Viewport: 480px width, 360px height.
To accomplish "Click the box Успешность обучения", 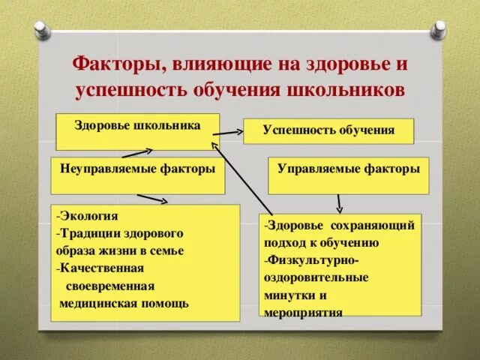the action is (328, 130).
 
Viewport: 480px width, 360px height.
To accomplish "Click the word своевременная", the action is (110, 286).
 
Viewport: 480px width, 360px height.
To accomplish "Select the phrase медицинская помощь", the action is (124, 303).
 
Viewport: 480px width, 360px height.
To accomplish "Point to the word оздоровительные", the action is (316, 277).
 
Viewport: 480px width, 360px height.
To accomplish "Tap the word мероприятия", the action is (303, 312).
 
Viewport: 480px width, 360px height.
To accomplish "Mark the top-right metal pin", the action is (438, 31).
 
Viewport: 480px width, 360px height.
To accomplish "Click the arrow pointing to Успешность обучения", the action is (232, 133).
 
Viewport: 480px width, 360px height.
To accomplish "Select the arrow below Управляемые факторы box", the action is (340, 202).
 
